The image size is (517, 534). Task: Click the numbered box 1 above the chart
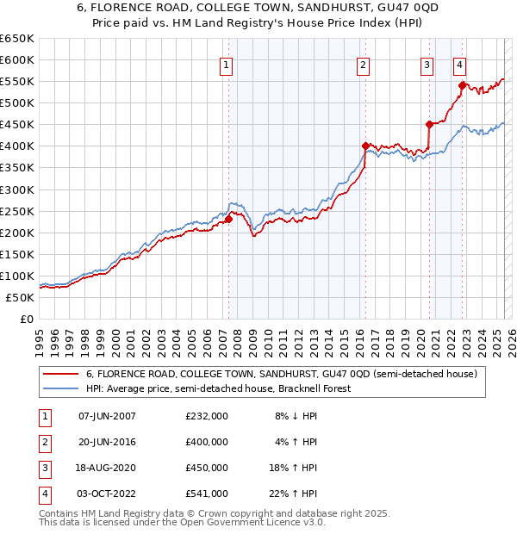[x=226, y=64]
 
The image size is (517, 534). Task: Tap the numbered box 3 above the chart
[x=427, y=64]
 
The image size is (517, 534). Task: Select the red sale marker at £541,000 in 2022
[x=463, y=85]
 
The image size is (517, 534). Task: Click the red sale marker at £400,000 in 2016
[x=365, y=146]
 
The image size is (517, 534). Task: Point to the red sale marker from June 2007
[x=229, y=219]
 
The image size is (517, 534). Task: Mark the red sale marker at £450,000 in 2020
[x=429, y=124]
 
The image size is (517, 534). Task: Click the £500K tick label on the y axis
[x=17, y=102]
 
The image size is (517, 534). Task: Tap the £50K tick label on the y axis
[x=21, y=297]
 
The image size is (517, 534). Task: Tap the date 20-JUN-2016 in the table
[x=107, y=442]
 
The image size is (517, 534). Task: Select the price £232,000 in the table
[x=207, y=416]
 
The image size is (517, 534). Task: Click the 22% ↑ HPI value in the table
[x=296, y=494]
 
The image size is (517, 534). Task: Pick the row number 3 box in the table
[x=43, y=468]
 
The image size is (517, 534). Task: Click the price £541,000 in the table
[x=207, y=494]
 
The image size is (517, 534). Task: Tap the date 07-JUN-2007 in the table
[x=107, y=416]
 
